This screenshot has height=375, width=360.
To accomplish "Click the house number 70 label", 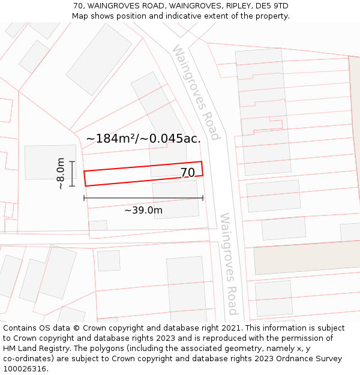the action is click(x=187, y=173).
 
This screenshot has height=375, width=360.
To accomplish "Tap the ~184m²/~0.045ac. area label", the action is click(x=143, y=139).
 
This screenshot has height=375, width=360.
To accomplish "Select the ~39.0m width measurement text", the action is click(x=143, y=210).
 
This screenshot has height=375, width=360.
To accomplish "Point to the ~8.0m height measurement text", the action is click(x=61, y=173).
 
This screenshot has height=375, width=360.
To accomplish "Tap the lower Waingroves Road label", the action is click(x=229, y=263).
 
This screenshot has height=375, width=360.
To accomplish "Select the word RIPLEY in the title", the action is click(x=236, y=6).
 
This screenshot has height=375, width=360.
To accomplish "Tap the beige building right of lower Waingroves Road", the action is click(x=306, y=257).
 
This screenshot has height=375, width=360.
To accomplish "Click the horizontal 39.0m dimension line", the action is click(x=143, y=197).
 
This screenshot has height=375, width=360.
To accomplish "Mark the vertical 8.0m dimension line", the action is click(x=72, y=173).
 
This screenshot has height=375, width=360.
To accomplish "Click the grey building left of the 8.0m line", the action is click(x=50, y=162).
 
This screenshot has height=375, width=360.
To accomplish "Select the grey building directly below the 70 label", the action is click(x=175, y=199).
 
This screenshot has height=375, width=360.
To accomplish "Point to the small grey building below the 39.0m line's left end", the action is click(x=98, y=226).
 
